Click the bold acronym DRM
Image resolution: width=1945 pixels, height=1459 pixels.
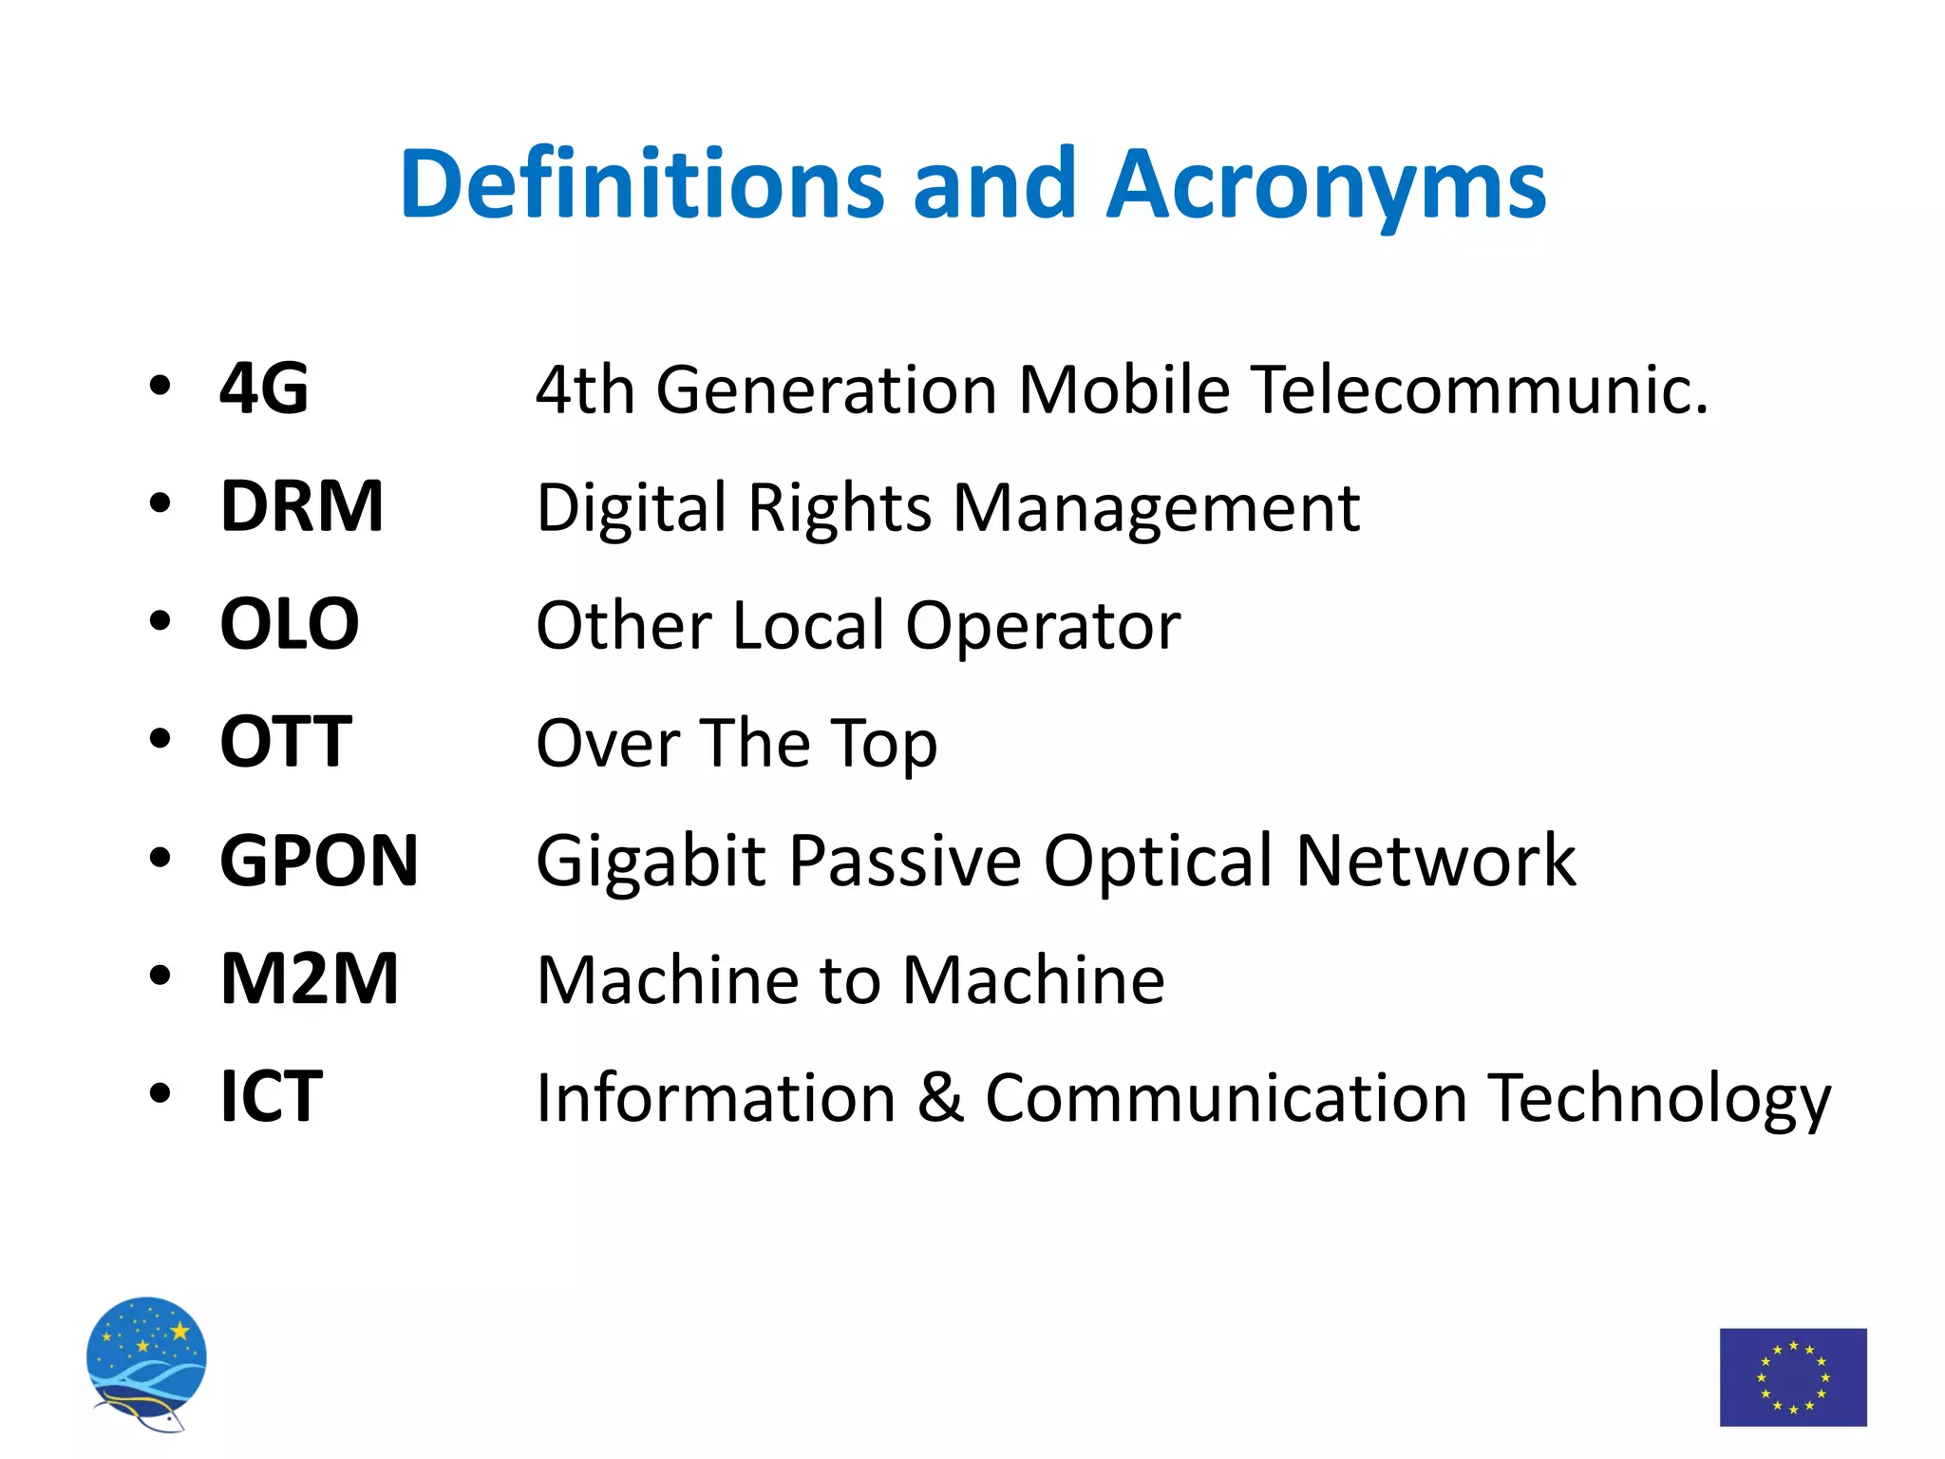[x=302, y=506]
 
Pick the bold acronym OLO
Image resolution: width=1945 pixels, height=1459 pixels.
[x=290, y=624]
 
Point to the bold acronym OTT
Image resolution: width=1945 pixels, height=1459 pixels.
[x=286, y=742]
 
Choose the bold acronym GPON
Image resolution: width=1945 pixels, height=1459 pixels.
[x=319, y=861]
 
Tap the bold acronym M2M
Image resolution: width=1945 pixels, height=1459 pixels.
[x=310, y=978]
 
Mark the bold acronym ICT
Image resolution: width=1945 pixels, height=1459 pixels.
[x=272, y=1097]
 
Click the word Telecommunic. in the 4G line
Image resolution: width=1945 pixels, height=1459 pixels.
[x=1479, y=389]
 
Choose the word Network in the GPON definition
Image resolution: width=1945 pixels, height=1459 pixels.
[x=1435, y=861]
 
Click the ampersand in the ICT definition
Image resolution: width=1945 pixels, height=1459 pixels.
[x=940, y=1097]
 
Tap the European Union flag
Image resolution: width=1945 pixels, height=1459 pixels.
[x=1793, y=1376]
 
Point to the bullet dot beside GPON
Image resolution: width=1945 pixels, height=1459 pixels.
[x=160, y=859]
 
